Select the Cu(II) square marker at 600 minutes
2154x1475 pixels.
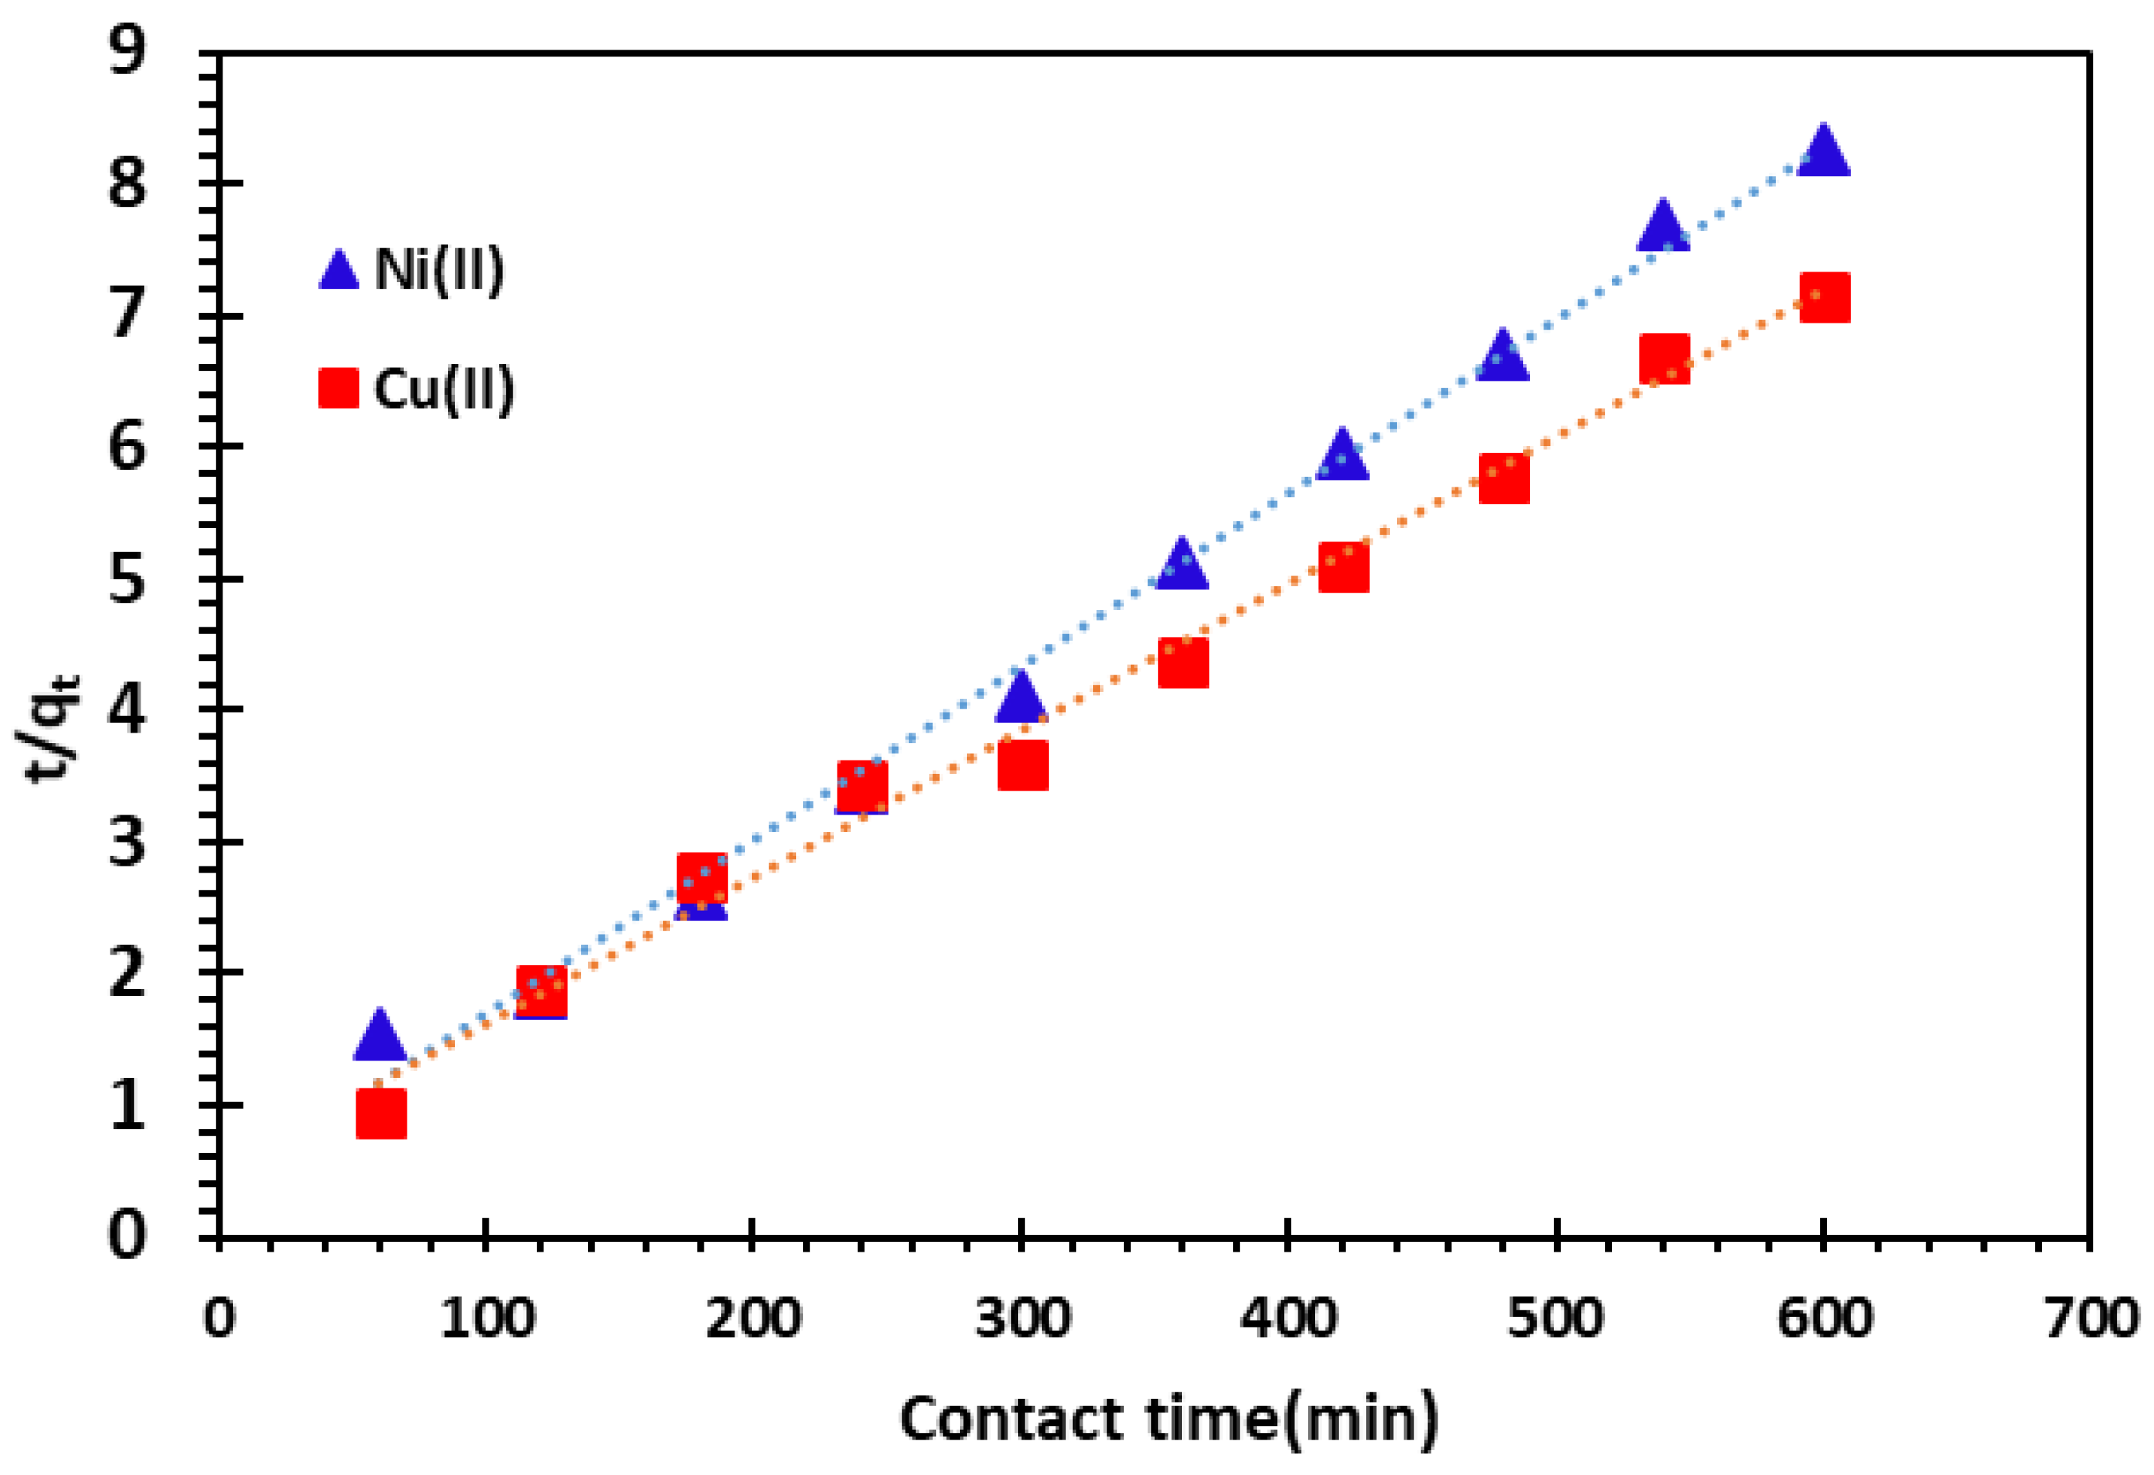click(x=1824, y=298)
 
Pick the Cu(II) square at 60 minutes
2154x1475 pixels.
click(x=381, y=1112)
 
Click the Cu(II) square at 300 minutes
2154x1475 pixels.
click(x=1022, y=765)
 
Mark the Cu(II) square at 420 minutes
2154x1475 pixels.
click(x=1343, y=567)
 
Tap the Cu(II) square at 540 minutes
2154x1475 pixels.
click(x=1664, y=359)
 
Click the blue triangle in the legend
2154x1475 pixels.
click(x=339, y=270)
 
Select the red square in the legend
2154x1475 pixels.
click(x=338, y=387)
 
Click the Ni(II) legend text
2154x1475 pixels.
click(x=439, y=270)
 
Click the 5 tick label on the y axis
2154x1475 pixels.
click(x=127, y=581)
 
